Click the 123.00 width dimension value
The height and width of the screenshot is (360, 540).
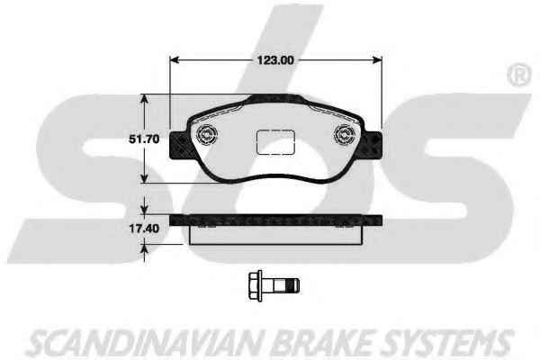[275, 60]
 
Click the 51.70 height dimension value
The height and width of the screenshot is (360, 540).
[144, 139]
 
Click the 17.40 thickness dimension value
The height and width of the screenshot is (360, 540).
[144, 229]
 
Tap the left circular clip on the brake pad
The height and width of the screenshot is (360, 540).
[207, 134]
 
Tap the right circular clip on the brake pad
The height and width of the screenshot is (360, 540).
[346, 134]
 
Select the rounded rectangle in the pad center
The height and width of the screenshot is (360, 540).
[276, 142]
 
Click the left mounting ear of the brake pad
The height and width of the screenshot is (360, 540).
[180, 145]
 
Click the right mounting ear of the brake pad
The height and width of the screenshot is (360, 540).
[373, 145]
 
